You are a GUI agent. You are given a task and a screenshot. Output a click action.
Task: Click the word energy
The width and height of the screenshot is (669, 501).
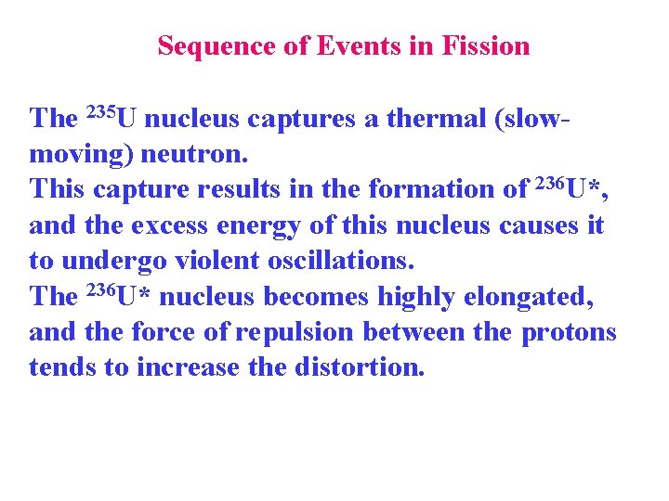[x=243, y=226]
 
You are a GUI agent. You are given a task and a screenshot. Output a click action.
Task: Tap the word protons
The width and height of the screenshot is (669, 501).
[x=569, y=332]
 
